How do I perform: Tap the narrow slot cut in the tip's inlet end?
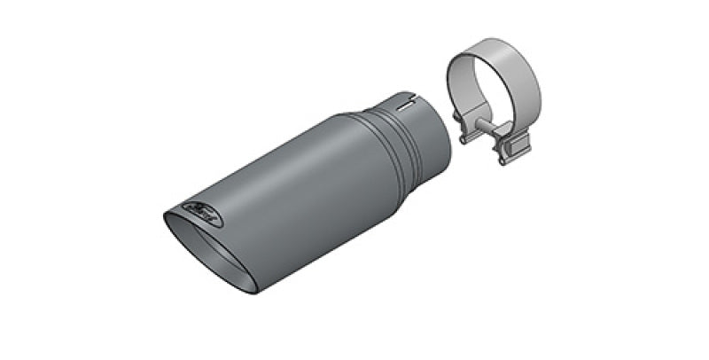(409, 104)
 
